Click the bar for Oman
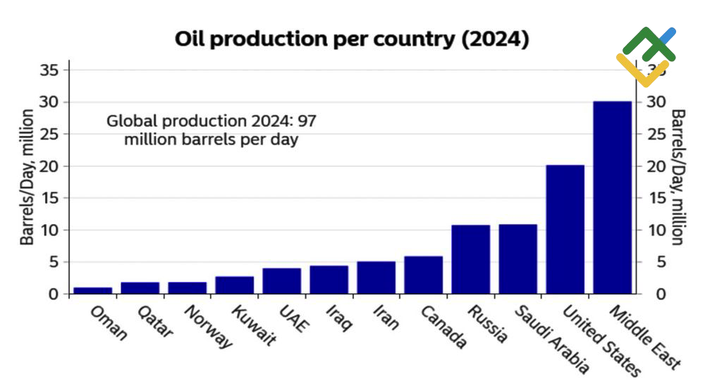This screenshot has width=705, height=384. click(92, 290)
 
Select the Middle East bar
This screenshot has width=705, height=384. click(612, 197)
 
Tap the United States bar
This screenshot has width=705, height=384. click(565, 229)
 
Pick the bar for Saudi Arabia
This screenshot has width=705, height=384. click(517, 259)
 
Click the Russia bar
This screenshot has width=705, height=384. click(470, 259)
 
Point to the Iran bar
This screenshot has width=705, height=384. click(376, 278)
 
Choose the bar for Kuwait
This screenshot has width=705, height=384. click(234, 285)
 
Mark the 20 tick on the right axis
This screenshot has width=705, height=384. click(656, 166)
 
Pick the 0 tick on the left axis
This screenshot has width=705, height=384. click(54, 294)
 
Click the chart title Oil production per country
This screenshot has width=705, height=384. click(352, 39)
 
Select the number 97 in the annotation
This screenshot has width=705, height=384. click(307, 120)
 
